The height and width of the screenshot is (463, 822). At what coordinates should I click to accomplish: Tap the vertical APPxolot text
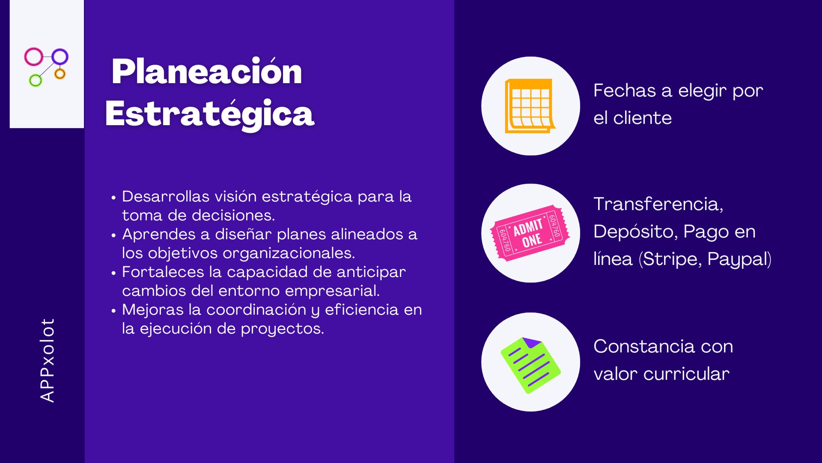click(x=48, y=360)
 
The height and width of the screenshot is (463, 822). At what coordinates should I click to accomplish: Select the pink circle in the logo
click(x=33, y=57)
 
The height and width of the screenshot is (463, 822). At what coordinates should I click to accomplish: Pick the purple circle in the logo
click(x=60, y=57)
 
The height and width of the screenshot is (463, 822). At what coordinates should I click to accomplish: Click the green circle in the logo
click(x=36, y=80)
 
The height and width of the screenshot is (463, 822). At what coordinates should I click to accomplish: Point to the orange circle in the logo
click(x=60, y=74)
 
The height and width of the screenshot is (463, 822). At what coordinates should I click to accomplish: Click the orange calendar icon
click(x=530, y=106)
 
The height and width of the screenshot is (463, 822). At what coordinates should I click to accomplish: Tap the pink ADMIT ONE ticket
click(x=530, y=233)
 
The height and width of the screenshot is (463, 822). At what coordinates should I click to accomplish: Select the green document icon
click(x=530, y=365)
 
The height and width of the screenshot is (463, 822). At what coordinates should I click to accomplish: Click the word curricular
click(x=686, y=374)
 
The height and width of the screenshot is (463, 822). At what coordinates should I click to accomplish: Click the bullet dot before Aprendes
click(x=113, y=235)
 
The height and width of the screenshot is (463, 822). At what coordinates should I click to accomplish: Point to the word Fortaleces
click(x=163, y=272)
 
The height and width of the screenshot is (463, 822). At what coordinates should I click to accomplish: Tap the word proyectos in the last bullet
click(x=282, y=329)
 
